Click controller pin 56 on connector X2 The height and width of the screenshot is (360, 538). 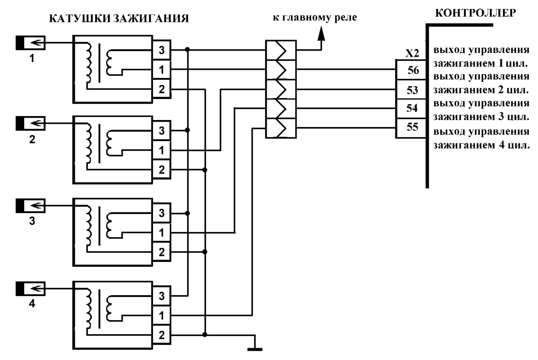[x=411, y=70]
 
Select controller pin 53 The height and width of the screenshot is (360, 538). [x=411, y=90]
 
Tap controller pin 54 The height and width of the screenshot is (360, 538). [x=411, y=109]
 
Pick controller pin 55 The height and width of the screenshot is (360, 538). [x=411, y=128]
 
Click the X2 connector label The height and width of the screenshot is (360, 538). [x=412, y=53]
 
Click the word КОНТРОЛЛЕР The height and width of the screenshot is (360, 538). [x=476, y=13]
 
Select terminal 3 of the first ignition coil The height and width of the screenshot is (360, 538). [x=162, y=50]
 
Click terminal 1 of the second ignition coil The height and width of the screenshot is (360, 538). [x=162, y=150]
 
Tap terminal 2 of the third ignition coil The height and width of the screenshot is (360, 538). [x=162, y=252]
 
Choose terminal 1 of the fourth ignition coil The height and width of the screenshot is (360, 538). [x=162, y=315]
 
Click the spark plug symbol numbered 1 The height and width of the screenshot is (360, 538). [x=30, y=43]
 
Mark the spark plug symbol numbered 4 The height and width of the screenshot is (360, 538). [x=30, y=288]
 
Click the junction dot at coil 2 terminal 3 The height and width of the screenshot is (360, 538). [x=187, y=130]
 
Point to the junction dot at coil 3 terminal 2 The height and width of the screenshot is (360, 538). [x=205, y=252]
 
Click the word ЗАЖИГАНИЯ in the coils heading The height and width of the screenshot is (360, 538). [x=151, y=19]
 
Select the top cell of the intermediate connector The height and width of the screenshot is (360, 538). [x=281, y=50]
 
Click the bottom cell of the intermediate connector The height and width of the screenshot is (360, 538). [x=281, y=128]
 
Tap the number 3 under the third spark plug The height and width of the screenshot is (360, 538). [x=32, y=221]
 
